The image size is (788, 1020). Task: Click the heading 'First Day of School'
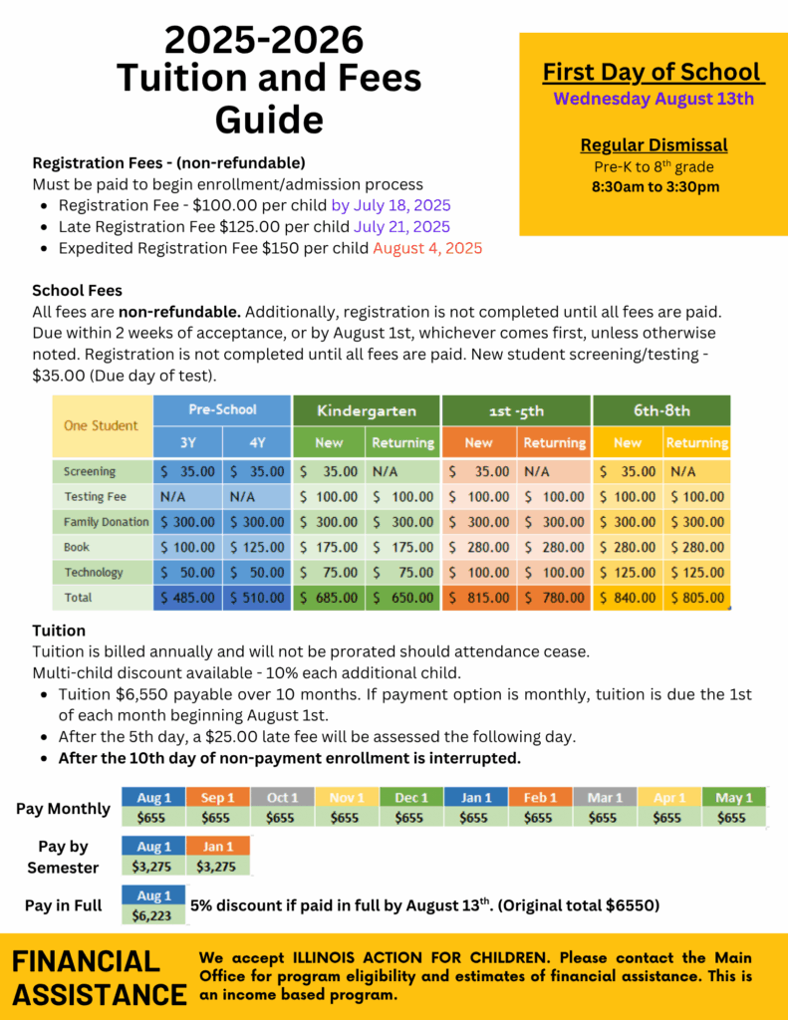(x=654, y=73)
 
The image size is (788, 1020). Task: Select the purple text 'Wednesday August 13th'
(x=654, y=99)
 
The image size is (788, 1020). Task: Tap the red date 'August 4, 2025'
(x=427, y=248)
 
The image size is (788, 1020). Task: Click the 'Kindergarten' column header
(x=366, y=410)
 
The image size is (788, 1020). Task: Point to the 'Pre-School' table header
(x=222, y=409)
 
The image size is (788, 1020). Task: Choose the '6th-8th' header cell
(x=661, y=410)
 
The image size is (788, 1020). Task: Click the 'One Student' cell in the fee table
(x=102, y=425)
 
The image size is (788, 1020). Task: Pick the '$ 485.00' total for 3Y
(x=188, y=598)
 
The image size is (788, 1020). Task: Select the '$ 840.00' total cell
(x=628, y=598)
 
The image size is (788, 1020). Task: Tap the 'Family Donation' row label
(x=106, y=522)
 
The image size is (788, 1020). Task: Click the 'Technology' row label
(x=94, y=573)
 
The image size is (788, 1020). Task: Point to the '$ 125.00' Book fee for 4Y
(x=257, y=547)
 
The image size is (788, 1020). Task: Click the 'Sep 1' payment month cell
(x=218, y=798)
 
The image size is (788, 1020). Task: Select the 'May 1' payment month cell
(x=734, y=798)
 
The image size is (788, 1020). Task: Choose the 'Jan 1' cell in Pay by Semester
(x=218, y=847)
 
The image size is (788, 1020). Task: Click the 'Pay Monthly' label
(x=63, y=809)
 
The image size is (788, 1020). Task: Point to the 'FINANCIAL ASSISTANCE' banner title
(x=99, y=977)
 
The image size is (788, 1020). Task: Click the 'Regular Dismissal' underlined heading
(x=654, y=145)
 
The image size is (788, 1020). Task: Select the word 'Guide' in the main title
(x=269, y=120)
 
